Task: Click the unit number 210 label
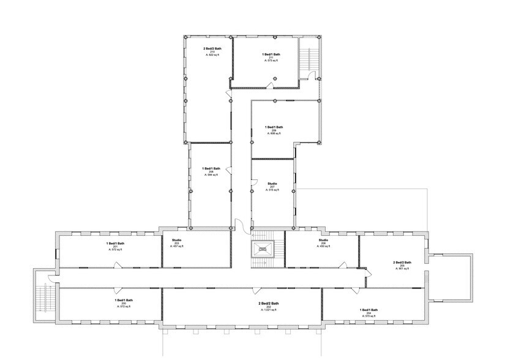(212, 51)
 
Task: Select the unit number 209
(274, 130)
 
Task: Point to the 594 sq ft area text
(212, 175)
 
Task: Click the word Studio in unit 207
(272, 182)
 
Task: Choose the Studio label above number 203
(176, 239)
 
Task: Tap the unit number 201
(116, 246)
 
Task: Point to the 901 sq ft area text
(402, 269)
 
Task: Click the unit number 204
(368, 313)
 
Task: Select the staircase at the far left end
(43, 297)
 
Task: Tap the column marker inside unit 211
(275, 78)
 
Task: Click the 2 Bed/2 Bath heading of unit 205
(402, 262)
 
